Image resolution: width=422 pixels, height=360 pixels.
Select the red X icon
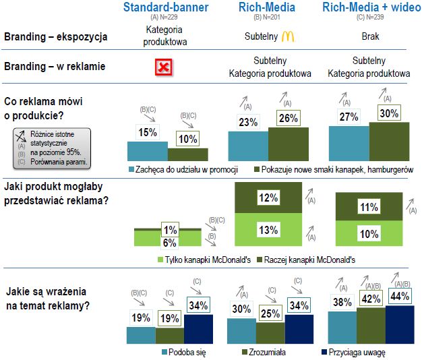pos(164,67)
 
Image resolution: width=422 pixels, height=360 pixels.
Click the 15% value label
pos(148,133)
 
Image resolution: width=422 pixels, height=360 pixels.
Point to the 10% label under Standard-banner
pos(189,139)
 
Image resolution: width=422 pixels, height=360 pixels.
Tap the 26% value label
pos(289,119)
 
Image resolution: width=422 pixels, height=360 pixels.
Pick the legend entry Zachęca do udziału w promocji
pos(187,169)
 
